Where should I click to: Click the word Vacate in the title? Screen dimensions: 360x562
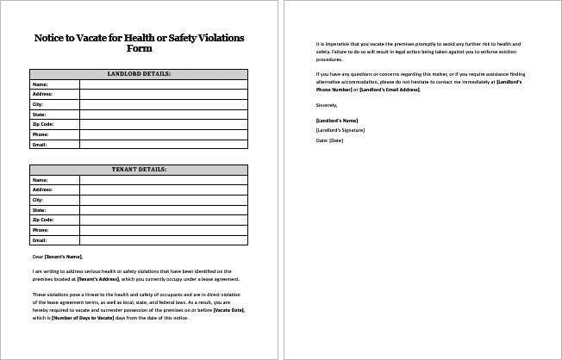point(107,38)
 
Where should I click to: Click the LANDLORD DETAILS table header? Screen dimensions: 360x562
point(138,74)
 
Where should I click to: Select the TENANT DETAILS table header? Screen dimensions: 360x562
point(138,170)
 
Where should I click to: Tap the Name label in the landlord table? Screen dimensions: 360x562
point(40,84)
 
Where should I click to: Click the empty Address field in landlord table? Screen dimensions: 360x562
point(163,94)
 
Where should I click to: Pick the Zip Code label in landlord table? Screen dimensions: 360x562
point(42,124)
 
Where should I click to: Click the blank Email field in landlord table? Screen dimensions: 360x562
point(163,144)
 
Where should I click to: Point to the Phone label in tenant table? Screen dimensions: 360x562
point(40,230)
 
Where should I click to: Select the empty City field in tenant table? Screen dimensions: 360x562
point(163,200)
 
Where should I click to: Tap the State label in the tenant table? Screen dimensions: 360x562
point(39,209)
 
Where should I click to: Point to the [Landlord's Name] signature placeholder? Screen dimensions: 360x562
point(337,120)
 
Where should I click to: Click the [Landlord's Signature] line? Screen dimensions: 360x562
point(340,129)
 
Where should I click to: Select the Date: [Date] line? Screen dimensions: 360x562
point(330,140)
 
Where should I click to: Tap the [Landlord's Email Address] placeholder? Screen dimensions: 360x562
point(389,90)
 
